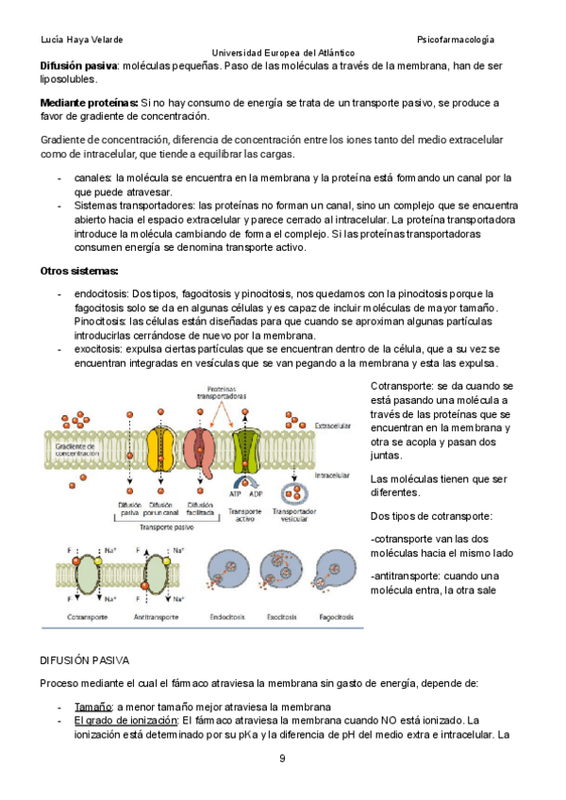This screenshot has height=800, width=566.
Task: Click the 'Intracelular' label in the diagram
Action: pos(331,463)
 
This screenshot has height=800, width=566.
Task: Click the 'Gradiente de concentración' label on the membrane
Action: pos(77,449)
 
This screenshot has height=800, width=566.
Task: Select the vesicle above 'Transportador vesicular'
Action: pos(295,491)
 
